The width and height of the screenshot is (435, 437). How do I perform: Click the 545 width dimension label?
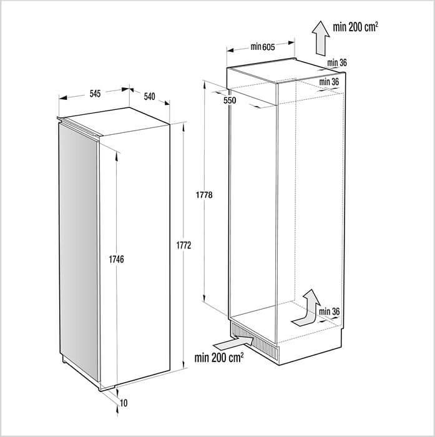click(x=94, y=94)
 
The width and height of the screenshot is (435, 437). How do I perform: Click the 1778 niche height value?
click(x=204, y=195)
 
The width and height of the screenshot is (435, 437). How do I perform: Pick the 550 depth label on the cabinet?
click(x=230, y=100)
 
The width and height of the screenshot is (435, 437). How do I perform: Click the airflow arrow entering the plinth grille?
click(x=232, y=343)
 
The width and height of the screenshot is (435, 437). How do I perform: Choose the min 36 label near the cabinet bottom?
click(x=328, y=312)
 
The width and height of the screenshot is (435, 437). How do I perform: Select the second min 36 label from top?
click(x=329, y=82)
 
